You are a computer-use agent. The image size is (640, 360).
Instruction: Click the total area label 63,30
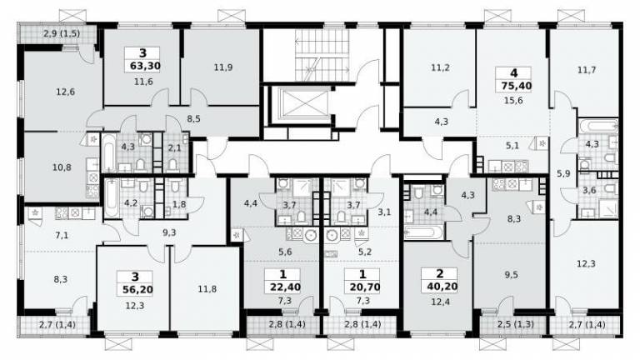pyautogui.click(x=145, y=66)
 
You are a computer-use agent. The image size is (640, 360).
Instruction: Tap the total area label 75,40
pyautogui.click(x=513, y=86)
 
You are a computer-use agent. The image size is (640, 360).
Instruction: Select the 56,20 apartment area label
pyautogui.click(x=137, y=290)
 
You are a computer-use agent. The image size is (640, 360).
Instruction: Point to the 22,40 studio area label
pyautogui.click(x=285, y=287)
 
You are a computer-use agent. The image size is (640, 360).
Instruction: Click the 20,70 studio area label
pyautogui.click(x=365, y=287)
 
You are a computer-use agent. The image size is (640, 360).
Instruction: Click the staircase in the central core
pyautogui.click(x=322, y=55)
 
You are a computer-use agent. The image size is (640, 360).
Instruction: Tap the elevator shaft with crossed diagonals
pyautogui.click(x=304, y=103)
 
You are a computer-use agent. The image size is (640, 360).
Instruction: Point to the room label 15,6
pyautogui.click(x=513, y=100)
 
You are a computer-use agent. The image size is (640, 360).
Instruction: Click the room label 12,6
pyautogui.click(x=65, y=92)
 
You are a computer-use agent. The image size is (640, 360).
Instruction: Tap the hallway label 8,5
pyautogui.click(x=193, y=119)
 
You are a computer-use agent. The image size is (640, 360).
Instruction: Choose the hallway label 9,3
pyautogui.click(x=169, y=232)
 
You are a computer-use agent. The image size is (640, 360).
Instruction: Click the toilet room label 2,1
pyautogui.click(x=175, y=147)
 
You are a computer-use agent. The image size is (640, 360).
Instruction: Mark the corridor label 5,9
pyautogui.click(x=563, y=173)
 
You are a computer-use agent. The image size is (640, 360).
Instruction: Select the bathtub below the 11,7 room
pyautogui.click(x=597, y=126)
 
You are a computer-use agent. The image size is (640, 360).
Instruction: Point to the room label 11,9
pyautogui.click(x=223, y=67)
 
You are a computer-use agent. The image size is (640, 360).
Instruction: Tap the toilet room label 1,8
pyautogui.click(x=179, y=204)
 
